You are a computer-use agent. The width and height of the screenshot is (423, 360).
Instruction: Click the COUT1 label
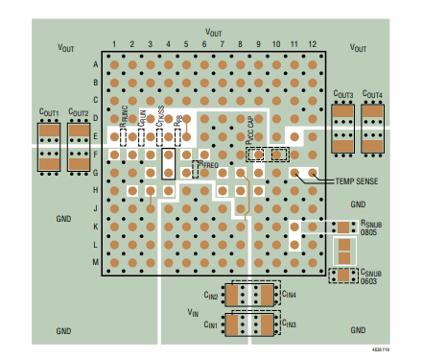pyautogui.click(x=48, y=113)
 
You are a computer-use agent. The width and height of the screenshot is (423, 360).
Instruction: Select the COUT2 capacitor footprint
pyautogui.click(x=79, y=145)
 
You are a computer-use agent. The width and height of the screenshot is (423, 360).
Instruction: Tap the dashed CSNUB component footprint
pyautogui.click(x=343, y=276)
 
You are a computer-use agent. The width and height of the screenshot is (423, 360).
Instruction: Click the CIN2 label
pyautogui.click(x=213, y=296)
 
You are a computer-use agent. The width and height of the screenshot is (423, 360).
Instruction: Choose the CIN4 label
pyautogui.click(x=290, y=296)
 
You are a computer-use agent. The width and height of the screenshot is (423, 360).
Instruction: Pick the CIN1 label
pyautogui.click(x=213, y=325)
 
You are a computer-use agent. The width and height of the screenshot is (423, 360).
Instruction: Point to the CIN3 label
pyautogui.click(x=290, y=325)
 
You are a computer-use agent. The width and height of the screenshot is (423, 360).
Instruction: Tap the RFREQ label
pyautogui.click(x=209, y=165)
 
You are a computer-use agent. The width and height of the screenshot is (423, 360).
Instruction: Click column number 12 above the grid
pyautogui.click(x=311, y=46)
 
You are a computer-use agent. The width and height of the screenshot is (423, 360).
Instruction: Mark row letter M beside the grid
pyautogui.click(x=95, y=261)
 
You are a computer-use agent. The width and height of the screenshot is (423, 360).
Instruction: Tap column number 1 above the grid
pyautogui.click(x=114, y=46)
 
